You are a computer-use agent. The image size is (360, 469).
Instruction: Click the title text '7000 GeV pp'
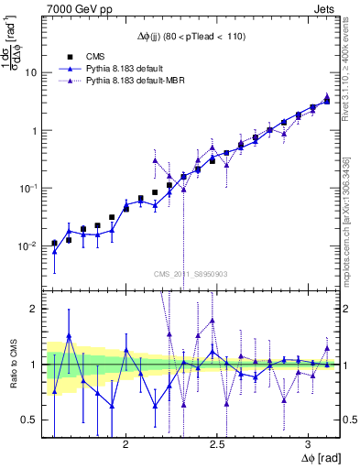pyautogui.click(x=76, y=7)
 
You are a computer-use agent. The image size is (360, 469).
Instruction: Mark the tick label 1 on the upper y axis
pyautogui.click(x=33, y=130)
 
